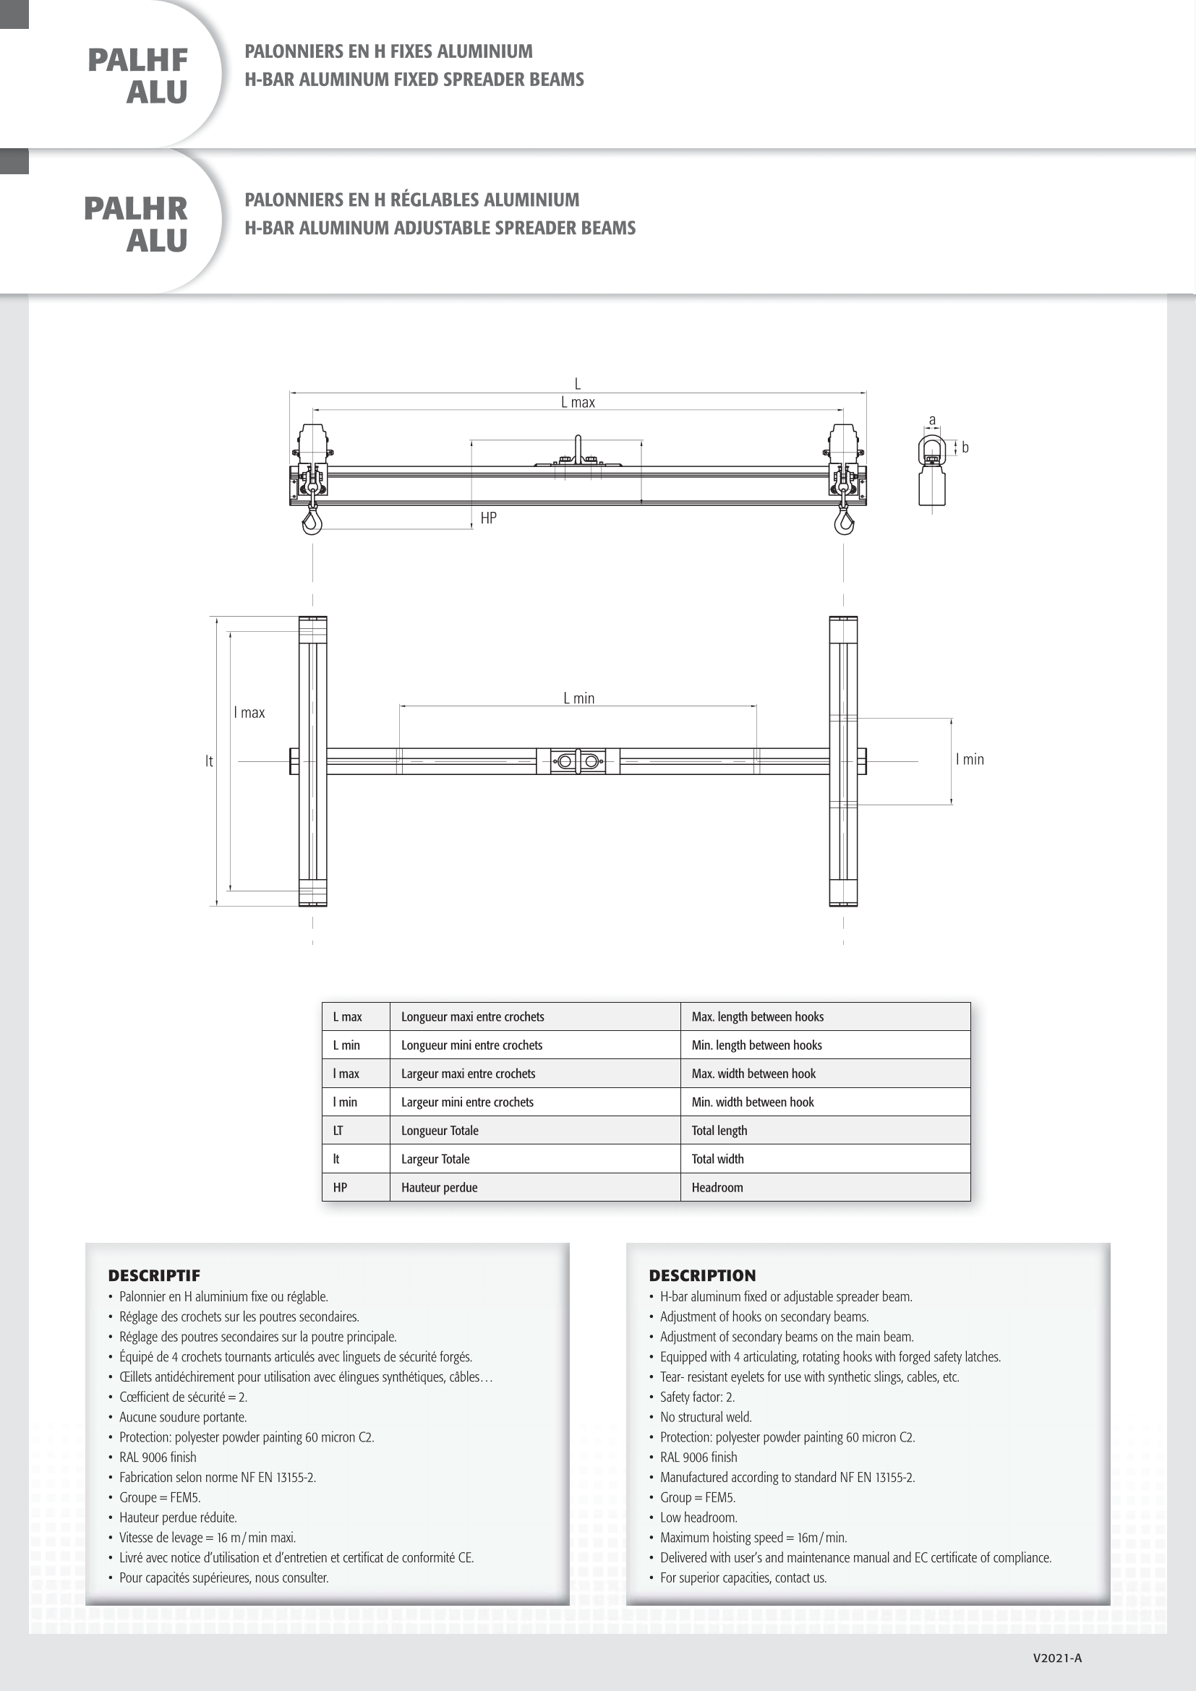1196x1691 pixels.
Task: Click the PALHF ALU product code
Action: [x=137, y=76]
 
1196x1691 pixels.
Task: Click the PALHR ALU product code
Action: [x=136, y=225]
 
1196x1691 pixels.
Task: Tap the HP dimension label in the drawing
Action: [x=488, y=518]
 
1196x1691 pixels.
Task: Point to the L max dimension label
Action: [x=578, y=403]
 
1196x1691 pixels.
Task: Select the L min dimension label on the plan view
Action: [x=579, y=698]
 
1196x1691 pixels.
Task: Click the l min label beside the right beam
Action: [x=969, y=759]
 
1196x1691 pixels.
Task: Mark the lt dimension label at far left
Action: [x=209, y=761]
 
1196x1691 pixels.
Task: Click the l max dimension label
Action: [x=249, y=713]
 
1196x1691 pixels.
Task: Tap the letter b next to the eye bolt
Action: [x=965, y=448]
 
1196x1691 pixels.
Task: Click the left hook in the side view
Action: [x=312, y=521]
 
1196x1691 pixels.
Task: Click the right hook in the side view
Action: [x=844, y=521]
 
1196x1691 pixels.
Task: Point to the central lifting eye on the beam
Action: [x=578, y=449]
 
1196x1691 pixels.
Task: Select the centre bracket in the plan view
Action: [x=578, y=761]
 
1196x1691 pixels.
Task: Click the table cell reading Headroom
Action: [x=717, y=1187]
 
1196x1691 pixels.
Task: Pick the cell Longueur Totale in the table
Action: [x=440, y=1131]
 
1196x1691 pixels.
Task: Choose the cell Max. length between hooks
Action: [x=757, y=1017]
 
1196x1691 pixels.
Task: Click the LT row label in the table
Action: [x=338, y=1131]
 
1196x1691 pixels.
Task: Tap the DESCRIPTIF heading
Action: [x=154, y=1275]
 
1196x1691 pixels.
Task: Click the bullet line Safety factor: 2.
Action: [x=697, y=1397]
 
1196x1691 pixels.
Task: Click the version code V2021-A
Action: [x=1057, y=1658]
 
